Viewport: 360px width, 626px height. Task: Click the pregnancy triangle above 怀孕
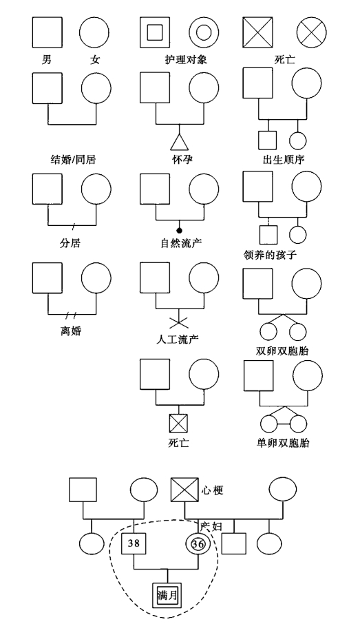pyautogui.click(x=179, y=142)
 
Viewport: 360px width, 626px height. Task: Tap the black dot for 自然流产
pyautogui.click(x=179, y=230)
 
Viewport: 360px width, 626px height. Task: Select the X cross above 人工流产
pyautogui.click(x=178, y=322)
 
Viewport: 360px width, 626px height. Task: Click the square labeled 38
pyautogui.click(x=134, y=543)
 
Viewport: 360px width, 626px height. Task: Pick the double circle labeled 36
pyautogui.click(x=198, y=543)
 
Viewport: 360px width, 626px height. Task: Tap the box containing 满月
pyautogui.click(x=167, y=595)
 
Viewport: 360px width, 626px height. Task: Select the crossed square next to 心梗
pyautogui.click(x=184, y=490)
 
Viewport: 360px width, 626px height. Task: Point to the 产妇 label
pyautogui.click(x=211, y=525)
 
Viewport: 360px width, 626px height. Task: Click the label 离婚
pyautogui.click(x=71, y=331)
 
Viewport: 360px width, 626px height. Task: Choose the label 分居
pyautogui.click(x=70, y=242)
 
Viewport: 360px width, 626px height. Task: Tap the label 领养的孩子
pyautogui.click(x=270, y=254)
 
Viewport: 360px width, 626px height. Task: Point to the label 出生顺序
pyautogui.click(x=284, y=159)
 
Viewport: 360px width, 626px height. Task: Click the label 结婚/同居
pyautogui.click(x=74, y=159)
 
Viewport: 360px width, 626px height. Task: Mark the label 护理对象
pyautogui.click(x=186, y=59)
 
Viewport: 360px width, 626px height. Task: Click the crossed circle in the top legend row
pyautogui.click(x=311, y=32)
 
